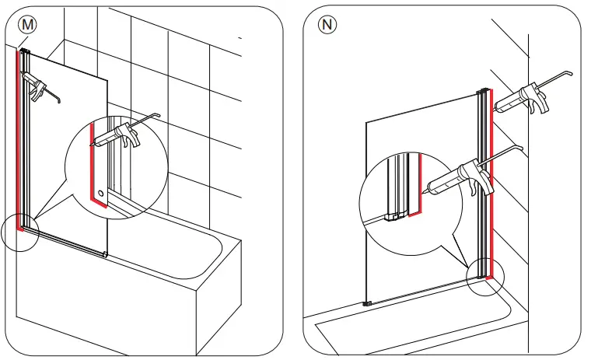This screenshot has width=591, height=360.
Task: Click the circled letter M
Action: [x=28, y=24]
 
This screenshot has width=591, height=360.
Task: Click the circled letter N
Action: [x=327, y=24]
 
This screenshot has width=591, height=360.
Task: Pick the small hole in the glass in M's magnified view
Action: [x=102, y=191]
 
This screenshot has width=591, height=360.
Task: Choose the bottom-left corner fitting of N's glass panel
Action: [x=368, y=302]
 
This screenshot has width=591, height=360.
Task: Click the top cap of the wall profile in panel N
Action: [x=485, y=91]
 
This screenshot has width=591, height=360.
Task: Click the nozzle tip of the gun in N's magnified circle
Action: [x=425, y=189]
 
